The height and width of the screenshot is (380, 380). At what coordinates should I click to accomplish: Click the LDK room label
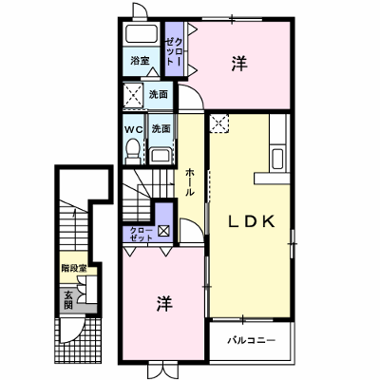[252, 221]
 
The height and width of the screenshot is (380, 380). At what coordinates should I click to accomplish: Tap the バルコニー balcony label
[252, 341]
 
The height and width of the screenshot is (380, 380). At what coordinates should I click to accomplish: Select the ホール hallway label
[189, 182]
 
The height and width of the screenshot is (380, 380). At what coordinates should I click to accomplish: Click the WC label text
[134, 129]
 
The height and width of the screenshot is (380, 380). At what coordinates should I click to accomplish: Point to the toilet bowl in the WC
[133, 152]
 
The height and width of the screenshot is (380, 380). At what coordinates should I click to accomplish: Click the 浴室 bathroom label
[140, 61]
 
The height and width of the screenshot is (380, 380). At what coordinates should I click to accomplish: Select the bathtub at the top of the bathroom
[142, 33]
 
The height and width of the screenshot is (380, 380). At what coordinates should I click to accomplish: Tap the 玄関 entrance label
[68, 300]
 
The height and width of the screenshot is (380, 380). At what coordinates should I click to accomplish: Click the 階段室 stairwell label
[74, 269]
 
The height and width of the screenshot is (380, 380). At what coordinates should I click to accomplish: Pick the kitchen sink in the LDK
[277, 158]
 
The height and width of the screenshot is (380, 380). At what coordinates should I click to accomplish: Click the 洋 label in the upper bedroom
[239, 64]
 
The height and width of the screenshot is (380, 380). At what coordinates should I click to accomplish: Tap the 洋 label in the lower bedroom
[164, 304]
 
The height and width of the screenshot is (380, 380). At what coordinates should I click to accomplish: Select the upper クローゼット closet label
[174, 51]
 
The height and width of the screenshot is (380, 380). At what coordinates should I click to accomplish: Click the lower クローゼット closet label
[142, 234]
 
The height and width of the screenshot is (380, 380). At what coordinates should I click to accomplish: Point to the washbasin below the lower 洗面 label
[161, 156]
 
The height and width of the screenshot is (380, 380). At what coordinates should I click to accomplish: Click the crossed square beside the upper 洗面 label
[133, 95]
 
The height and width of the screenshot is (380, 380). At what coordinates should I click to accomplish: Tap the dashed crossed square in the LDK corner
[219, 123]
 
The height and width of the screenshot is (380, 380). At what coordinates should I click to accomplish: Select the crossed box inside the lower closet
[163, 231]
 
